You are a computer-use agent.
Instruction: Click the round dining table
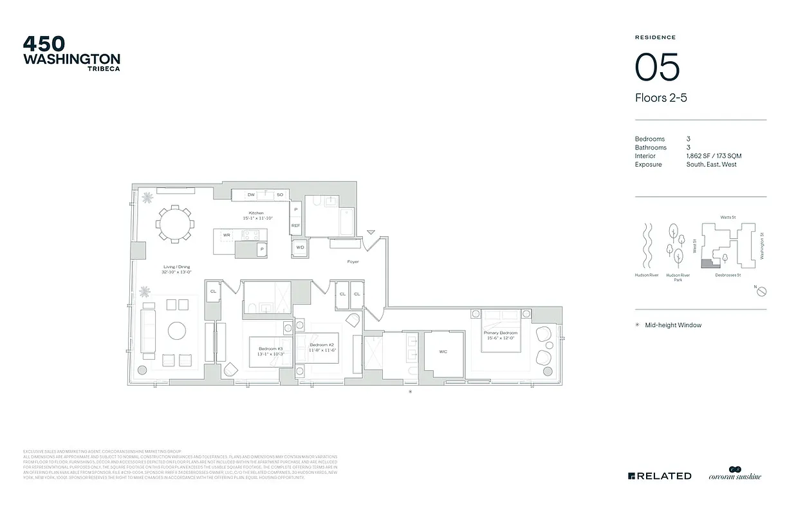click(174, 225)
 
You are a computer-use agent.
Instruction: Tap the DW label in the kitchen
click(251, 194)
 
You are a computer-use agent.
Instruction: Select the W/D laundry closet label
click(300, 247)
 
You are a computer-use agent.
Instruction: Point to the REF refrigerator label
click(295, 225)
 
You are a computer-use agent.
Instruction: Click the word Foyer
click(352, 262)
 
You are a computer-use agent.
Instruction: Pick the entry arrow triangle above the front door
click(370, 232)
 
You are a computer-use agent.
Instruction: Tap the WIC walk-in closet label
click(443, 351)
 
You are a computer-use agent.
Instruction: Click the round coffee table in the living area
click(178, 331)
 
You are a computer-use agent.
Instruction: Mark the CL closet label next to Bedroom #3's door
click(212, 292)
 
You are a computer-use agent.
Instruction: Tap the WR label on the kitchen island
click(227, 236)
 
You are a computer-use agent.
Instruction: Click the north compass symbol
click(761, 292)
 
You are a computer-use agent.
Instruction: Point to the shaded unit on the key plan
click(707, 263)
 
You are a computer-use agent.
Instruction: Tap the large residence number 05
click(657, 67)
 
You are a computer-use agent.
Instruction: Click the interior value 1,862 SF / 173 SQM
click(714, 156)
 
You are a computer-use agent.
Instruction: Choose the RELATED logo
click(660, 476)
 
